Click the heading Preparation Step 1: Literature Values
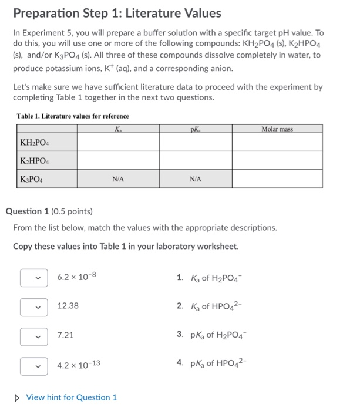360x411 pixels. tap(117, 13)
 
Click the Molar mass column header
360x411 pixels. tap(277, 128)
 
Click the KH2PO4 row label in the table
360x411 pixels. tap(35, 142)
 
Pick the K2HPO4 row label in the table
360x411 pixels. tap(35, 160)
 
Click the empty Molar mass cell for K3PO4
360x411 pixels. tap(277, 178)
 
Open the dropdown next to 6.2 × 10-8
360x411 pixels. tap(33, 277)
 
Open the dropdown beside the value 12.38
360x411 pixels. tap(33, 306)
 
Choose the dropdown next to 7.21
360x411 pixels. tap(33, 335)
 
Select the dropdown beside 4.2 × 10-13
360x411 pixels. tap(33, 365)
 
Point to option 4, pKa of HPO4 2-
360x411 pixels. tap(212, 364)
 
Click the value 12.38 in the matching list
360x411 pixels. tap(68, 306)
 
